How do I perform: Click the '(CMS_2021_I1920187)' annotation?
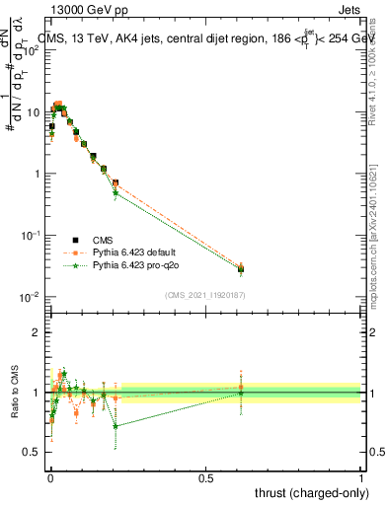[204, 295]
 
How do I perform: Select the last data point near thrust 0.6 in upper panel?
[241, 268]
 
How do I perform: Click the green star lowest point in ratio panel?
[116, 426]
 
